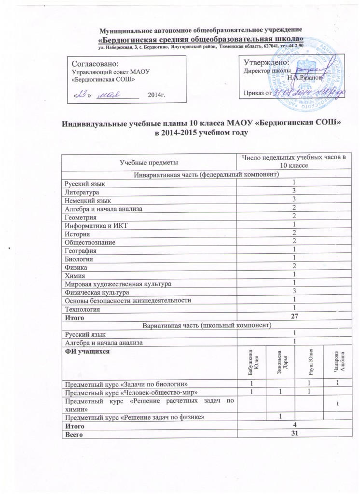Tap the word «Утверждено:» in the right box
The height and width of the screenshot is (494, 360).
pyautogui.click(x=266, y=63)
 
